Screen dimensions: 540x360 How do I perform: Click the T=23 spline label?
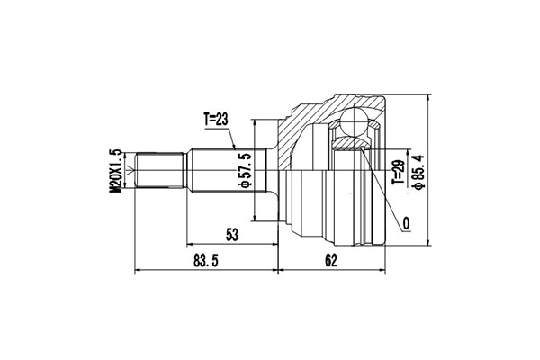pos(216,120)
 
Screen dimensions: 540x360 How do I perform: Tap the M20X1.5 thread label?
pos(116,170)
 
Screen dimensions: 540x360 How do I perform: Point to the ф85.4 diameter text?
pos(419,172)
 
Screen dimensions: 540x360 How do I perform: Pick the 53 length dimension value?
pos(232,235)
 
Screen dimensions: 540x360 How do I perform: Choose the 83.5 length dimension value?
pos(206,261)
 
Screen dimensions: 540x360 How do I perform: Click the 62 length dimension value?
pos(330,261)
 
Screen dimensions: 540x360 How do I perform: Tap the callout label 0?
pos(407,224)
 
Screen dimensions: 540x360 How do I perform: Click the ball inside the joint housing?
pos(354,121)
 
